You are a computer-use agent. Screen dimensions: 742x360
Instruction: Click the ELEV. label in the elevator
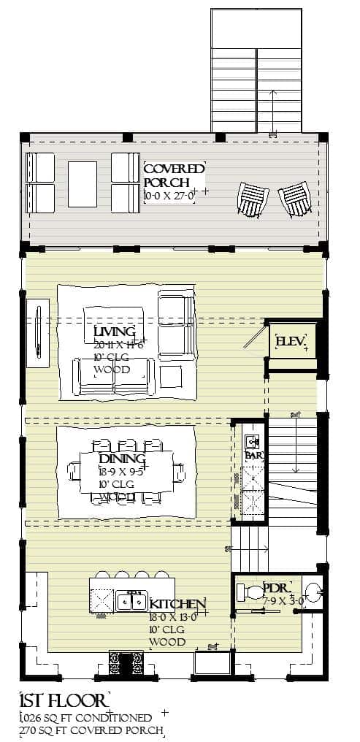pos(291,342)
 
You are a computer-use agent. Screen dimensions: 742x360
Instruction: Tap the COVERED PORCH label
pos(175,175)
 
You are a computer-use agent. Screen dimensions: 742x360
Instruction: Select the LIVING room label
pos(115,333)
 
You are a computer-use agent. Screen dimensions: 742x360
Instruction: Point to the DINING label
pos(121,459)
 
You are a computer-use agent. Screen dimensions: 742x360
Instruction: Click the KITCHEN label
pos(177,604)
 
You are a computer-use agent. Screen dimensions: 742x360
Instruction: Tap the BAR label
pos(253,455)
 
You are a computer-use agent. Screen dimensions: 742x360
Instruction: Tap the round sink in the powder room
pos(312,590)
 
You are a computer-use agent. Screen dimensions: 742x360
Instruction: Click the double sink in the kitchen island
pos(133,601)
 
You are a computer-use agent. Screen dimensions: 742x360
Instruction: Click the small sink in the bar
pos(253,441)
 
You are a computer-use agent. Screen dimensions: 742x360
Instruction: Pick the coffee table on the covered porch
pos(83,183)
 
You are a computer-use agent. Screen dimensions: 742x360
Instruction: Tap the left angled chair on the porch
pos(253,198)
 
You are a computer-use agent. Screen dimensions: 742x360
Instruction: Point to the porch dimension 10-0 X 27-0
pos(169,196)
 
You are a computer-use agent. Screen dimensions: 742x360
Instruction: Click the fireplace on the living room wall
pos(37,332)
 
